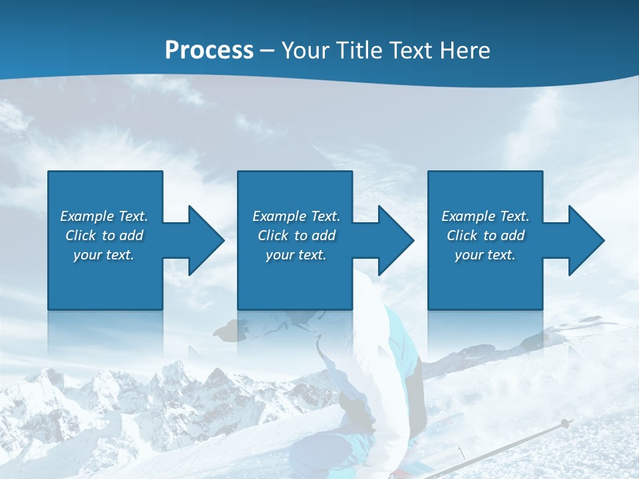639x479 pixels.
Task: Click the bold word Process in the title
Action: [209, 51]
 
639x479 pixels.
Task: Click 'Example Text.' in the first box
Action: [104, 216]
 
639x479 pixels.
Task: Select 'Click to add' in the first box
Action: [104, 236]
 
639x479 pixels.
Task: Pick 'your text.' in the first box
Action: [104, 255]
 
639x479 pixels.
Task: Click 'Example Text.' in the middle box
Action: [296, 216]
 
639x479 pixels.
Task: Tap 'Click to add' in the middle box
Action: [296, 236]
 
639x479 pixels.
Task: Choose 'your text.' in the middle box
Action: [296, 255]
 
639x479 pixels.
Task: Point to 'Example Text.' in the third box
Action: [485, 216]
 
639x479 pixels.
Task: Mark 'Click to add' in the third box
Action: [485, 236]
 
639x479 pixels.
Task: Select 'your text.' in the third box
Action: [485, 255]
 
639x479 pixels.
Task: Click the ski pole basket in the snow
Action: [565, 423]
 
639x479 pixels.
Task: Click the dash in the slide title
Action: [267, 51]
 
